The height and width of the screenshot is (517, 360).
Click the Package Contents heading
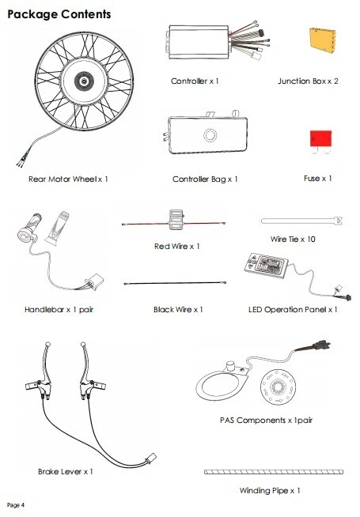tap(59, 14)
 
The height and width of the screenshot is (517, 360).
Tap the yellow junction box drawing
tap(322, 40)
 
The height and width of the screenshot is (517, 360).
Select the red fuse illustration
tap(320, 139)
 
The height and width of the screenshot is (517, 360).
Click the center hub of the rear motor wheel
tap(84, 81)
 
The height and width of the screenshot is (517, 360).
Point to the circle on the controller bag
tap(210, 135)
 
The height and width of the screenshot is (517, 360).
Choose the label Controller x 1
tap(195, 81)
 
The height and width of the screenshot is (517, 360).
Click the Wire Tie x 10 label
tap(293, 239)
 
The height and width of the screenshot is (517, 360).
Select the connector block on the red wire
tap(176, 219)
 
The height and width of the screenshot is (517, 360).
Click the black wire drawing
tap(175, 283)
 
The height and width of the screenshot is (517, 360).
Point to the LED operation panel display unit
tap(267, 265)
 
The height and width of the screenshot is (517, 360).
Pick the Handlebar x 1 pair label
tap(59, 310)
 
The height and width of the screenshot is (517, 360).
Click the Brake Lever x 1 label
tap(66, 471)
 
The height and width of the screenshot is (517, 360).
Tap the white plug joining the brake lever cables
tap(151, 459)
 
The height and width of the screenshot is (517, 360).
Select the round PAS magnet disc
tap(278, 387)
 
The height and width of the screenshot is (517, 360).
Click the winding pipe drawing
tap(274, 472)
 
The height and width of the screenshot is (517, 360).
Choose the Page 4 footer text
tap(16, 505)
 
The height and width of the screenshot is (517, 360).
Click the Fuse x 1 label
tap(318, 179)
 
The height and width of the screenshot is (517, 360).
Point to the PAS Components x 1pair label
tap(266, 421)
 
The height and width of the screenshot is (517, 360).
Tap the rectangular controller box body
tap(199, 42)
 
